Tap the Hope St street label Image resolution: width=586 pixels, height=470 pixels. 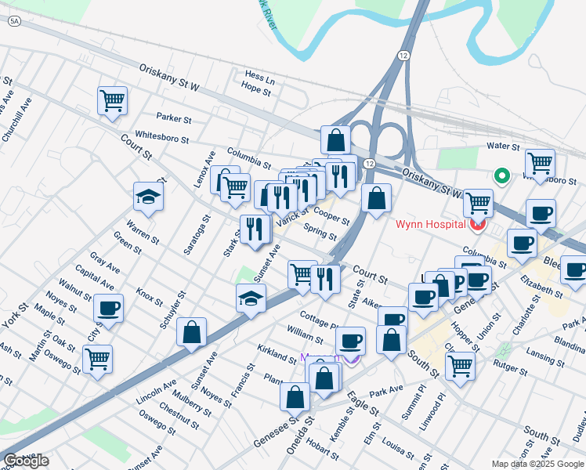255,90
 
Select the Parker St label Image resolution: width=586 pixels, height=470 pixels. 174,119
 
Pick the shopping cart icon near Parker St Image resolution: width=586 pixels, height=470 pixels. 113,101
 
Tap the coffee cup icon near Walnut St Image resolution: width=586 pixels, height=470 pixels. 108,308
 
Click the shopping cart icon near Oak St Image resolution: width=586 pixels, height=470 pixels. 97,360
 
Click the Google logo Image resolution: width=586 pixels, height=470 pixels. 26,461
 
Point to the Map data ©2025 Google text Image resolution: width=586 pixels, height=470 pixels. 537,464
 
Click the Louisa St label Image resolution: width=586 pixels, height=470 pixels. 398,448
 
